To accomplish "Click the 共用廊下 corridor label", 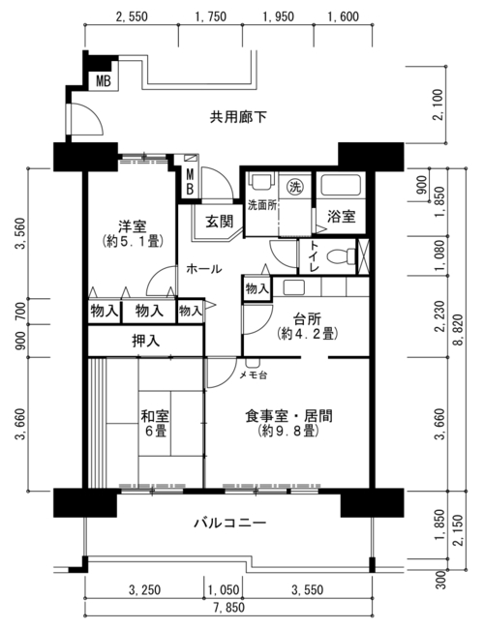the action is click(x=238, y=117).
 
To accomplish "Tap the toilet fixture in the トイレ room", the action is click(x=341, y=255).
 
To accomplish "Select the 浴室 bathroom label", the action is click(x=341, y=217).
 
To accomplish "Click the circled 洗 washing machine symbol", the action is click(x=295, y=186).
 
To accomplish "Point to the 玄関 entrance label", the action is click(x=219, y=222).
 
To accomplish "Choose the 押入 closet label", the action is click(x=146, y=341).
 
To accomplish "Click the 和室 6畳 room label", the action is click(x=155, y=423).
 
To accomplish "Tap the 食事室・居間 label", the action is click(x=289, y=416).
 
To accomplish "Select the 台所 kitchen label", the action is click(x=307, y=319).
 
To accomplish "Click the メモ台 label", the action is click(x=254, y=375).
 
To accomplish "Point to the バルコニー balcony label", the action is click(x=230, y=524).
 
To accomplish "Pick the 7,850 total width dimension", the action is click(x=228, y=608).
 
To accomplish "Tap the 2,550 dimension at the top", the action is click(x=132, y=16).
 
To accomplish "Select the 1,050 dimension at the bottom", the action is click(x=224, y=589).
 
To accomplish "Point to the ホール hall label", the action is click(x=204, y=269).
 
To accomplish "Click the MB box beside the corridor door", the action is click(x=104, y=81).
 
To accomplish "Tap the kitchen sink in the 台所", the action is click(x=294, y=287).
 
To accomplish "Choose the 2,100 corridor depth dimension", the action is click(x=439, y=105).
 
